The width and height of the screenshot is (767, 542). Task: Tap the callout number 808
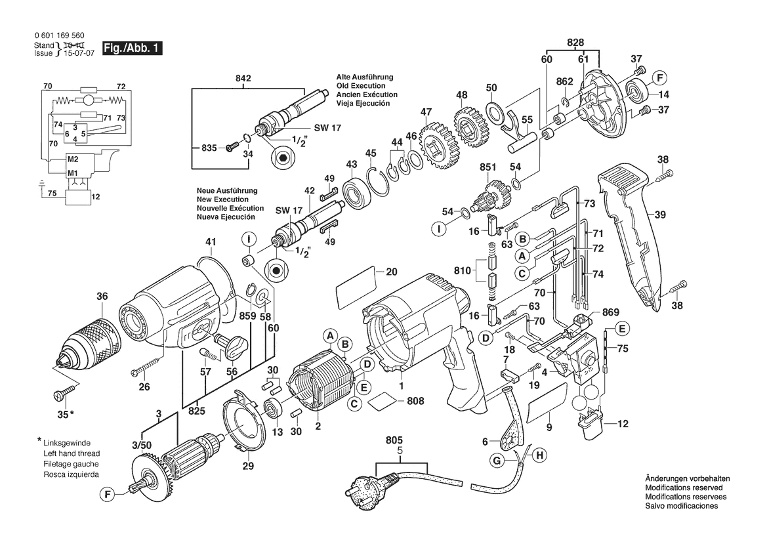coord(415,401)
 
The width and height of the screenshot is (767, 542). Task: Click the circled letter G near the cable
coord(498,461)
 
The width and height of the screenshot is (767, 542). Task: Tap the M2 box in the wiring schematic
coord(73,159)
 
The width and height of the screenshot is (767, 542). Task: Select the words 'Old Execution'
coord(360,86)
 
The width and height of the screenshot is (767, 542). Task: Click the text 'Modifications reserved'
coord(684,489)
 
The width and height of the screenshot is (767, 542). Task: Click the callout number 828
coord(575,42)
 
